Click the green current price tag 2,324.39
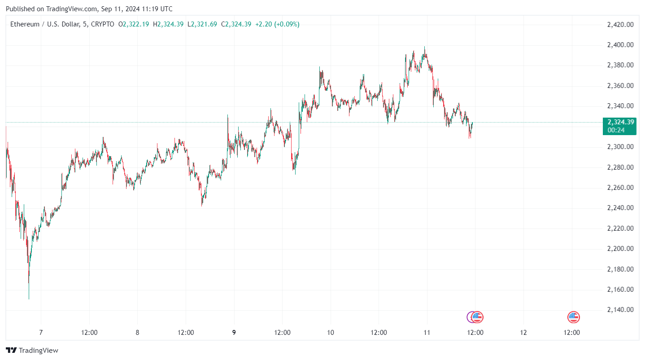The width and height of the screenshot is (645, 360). coord(621,122)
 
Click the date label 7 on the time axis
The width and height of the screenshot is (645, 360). coord(41,333)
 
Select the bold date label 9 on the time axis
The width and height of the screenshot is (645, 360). coord(234,333)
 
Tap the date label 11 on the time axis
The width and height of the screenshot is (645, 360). coord(427,333)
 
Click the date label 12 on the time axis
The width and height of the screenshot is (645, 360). coord(523,333)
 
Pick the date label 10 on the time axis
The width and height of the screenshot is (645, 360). coord(331,333)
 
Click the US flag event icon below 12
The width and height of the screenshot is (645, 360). coord(573,317)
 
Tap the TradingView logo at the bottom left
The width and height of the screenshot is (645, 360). coord(32,350)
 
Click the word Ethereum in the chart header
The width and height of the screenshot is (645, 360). coord(24,24)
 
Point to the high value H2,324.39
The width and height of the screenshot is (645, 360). coord(168,24)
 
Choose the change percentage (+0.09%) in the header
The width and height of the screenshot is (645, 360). coord(287,24)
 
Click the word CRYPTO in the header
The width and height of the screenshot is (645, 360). coord(102,24)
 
